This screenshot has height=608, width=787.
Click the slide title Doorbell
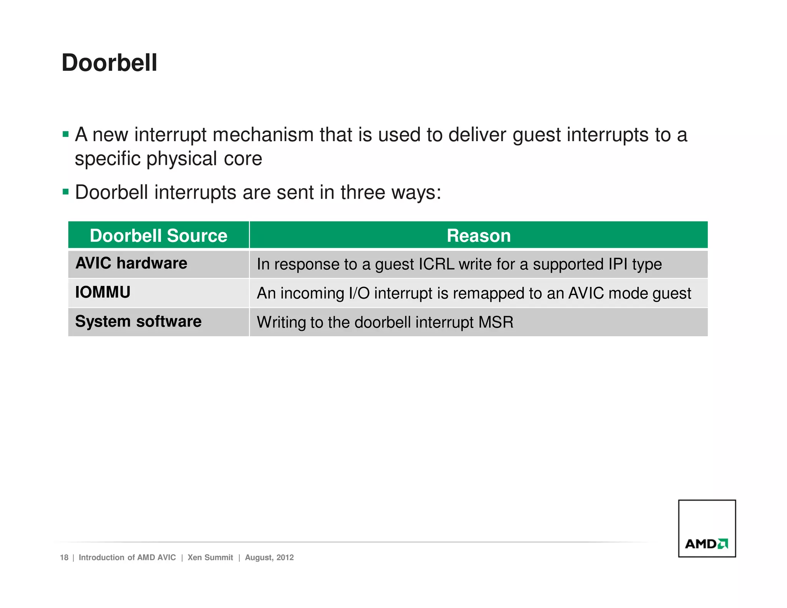click(x=110, y=63)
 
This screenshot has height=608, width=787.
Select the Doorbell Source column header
click(x=158, y=236)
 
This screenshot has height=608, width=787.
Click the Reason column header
click(x=478, y=236)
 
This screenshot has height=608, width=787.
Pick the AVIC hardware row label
click(x=131, y=264)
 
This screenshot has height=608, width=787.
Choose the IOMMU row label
click(x=103, y=292)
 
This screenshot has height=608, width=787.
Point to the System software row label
click(x=138, y=322)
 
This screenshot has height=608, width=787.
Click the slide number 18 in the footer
click(x=64, y=558)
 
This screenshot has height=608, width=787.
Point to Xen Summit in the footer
click(x=210, y=558)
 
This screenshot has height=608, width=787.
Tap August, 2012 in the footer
click(x=269, y=558)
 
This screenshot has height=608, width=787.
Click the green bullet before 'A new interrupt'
click(x=66, y=135)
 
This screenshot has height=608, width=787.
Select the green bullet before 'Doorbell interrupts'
click(x=66, y=191)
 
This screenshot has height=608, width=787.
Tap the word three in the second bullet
click(x=363, y=192)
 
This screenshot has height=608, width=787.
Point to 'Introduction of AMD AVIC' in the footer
click(x=127, y=558)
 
